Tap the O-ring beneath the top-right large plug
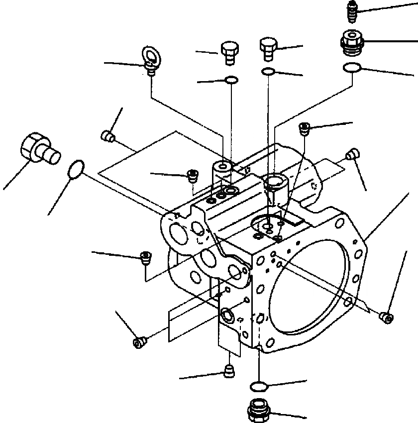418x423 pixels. pos(352,68)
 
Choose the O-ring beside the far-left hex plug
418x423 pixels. pos(76,169)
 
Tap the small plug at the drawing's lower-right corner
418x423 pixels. pos(384,316)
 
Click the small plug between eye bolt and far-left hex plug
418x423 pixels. pos(107,135)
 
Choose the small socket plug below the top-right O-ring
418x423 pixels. pos(305,128)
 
